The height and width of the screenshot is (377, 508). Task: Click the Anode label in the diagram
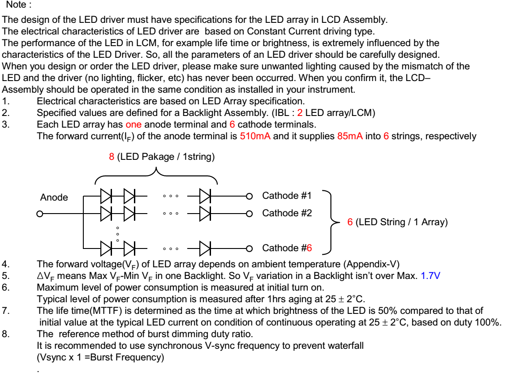coord(54,197)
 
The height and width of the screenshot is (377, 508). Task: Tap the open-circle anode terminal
coord(39,213)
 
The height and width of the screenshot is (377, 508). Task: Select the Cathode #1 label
coord(287,196)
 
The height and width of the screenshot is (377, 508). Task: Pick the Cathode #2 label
coord(287,213)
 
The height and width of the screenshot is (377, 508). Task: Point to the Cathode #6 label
coord(287,248)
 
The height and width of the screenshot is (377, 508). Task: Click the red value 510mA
coord(255,136)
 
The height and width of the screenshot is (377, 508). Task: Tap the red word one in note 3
coord(133,124)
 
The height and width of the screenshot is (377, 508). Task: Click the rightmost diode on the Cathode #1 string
coord(205,196)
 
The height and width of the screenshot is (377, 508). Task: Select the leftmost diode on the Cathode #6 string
coord(106,248)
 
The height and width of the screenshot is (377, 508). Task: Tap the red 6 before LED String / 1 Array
coord(350,222)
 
